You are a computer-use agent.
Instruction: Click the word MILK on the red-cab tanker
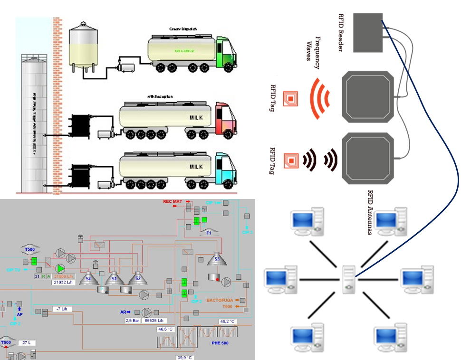[196, 117]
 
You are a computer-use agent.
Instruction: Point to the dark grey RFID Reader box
[368, 33]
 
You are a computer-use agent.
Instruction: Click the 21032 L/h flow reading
[63, 283]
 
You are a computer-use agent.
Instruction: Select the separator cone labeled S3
[217, 259]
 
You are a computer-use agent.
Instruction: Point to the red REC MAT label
[173, 202]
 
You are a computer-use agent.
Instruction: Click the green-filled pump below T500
[60, 269]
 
